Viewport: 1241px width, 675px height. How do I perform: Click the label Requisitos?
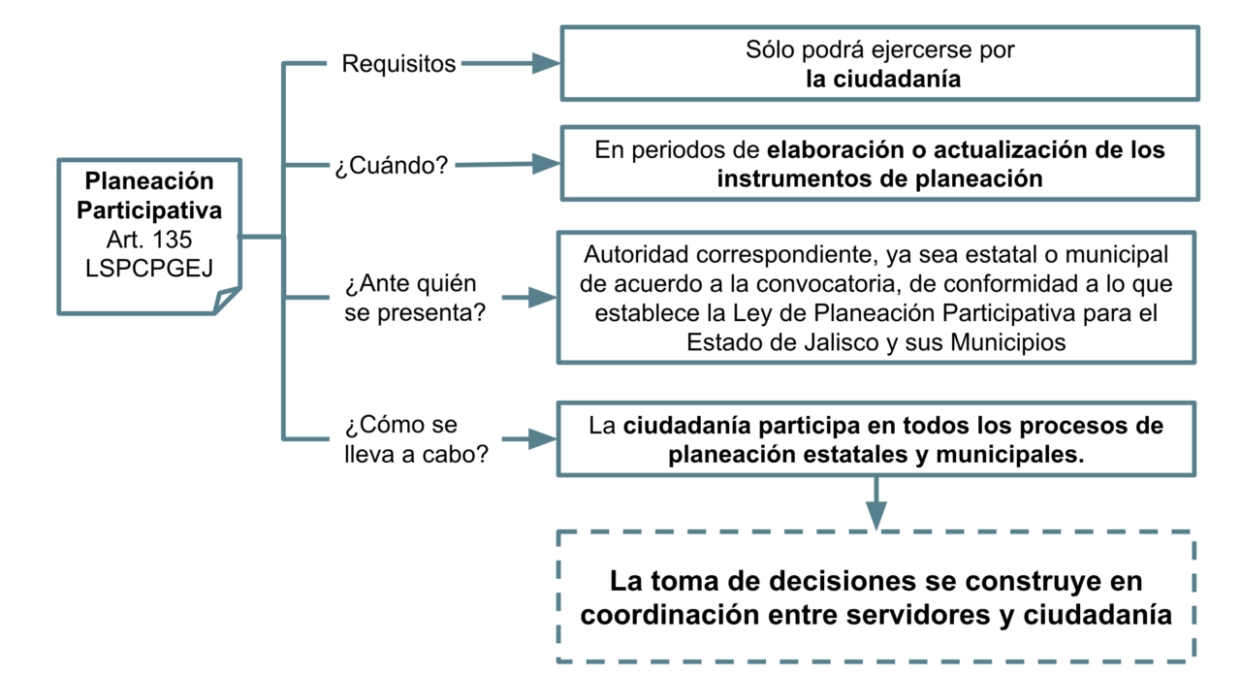pos(398,64)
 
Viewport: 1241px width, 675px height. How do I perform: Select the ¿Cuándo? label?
pos(391,165)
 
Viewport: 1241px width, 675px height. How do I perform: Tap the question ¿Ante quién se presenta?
pos(415,298)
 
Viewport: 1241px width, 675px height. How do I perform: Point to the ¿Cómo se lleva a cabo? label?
pos(416,439)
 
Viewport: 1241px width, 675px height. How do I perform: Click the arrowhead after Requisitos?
pos(546,63)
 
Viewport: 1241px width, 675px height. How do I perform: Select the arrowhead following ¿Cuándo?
pos(546,164)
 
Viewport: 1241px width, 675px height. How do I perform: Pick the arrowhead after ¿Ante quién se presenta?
pos(542,298)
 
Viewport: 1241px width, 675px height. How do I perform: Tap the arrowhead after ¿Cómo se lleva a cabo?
pos(542,439)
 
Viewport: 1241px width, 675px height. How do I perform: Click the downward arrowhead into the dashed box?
pos(875,515)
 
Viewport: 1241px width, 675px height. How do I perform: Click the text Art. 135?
pos(149,240)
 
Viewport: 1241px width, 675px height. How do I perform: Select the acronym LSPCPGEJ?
pos(149,269)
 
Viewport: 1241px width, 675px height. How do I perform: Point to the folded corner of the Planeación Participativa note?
pos(227,300)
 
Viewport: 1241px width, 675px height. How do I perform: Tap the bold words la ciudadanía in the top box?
pos(883,79)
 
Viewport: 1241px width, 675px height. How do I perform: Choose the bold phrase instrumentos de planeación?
pos(879,179)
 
